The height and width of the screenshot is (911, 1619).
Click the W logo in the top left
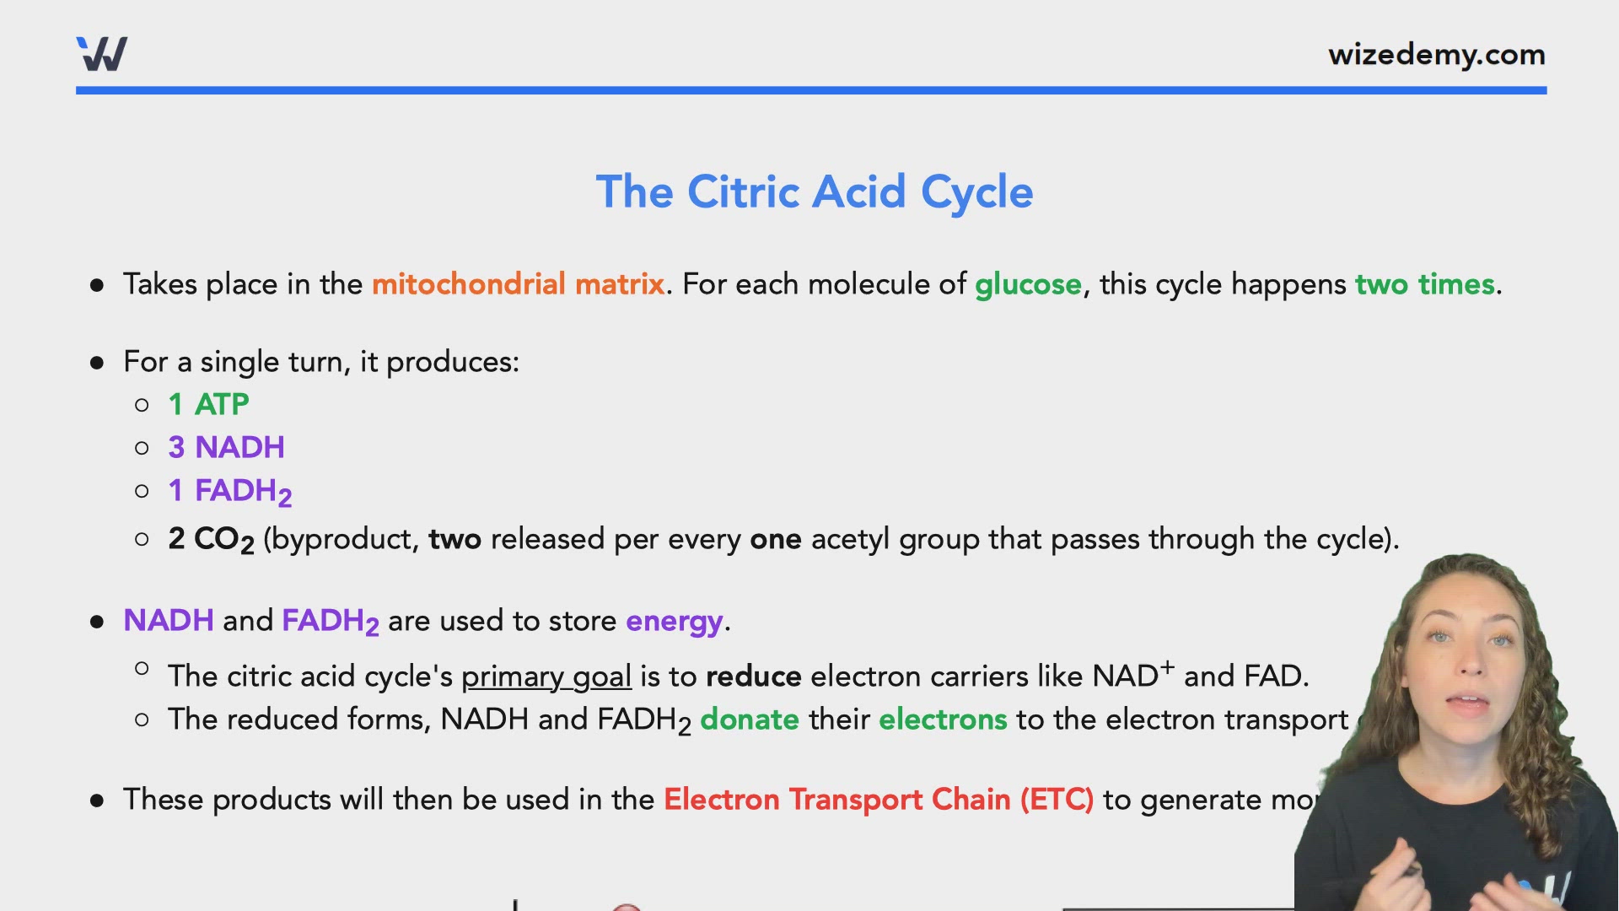click(102, 54)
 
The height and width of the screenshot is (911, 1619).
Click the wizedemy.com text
click(1436, 55)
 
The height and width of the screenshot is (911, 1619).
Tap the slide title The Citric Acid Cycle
click(814, 192)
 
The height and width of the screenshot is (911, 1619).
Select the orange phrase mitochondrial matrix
click(518, 284)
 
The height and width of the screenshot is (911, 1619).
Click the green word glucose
click(1027, 284)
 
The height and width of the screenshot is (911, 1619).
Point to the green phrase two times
click(1424, 284)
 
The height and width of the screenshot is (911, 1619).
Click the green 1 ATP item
click(208, 405)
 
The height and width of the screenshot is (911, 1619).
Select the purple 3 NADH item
click(226, 448)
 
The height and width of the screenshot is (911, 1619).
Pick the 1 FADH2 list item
click(229, 491)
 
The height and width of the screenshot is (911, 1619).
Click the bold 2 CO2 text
click(211, 540)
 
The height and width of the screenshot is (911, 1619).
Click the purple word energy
click(674, 622)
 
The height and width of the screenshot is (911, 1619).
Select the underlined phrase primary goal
click(546, 677)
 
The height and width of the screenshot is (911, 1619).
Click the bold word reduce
click(753, 677)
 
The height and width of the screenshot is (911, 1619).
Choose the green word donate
click(749, 720)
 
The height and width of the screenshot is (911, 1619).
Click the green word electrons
click(942, 720)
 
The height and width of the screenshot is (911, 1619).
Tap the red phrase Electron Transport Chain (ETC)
click(878, 800)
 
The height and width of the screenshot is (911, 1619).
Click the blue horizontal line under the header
click(809, 90)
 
